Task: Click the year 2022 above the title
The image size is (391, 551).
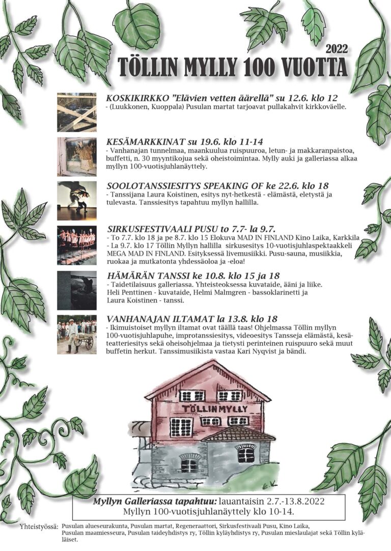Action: (336, 49)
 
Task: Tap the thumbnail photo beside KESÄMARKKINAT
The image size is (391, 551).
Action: (76, 156)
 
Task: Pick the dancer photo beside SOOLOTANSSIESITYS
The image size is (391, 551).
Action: (76, 200)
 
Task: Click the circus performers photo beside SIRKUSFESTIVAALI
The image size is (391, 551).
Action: (76, 244)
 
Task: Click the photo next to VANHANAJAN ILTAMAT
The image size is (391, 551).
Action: (76, 334)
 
